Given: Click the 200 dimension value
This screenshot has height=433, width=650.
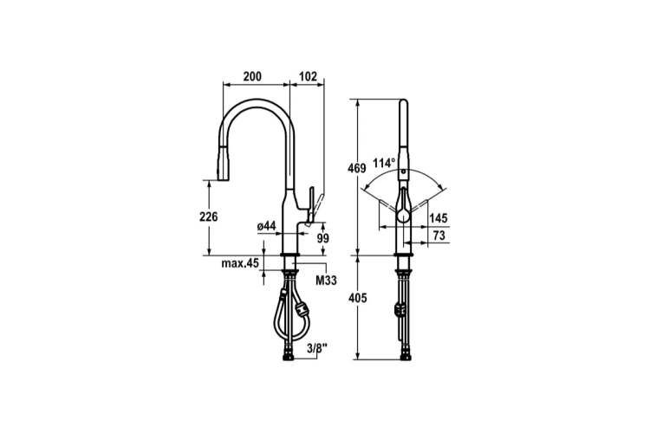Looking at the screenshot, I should click(x=252, y=76).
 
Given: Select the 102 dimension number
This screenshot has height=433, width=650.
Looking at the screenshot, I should click(x=308, y=76).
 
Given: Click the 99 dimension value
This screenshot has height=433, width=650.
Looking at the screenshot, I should click(x=322, y=237).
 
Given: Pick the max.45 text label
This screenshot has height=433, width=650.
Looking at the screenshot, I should click(x=241, y=262).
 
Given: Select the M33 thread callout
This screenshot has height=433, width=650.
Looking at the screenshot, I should click(x=326, y=280).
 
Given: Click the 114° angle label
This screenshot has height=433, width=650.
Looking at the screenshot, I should click(x=383, y=163).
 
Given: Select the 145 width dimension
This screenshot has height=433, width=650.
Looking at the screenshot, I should click(x=439, y=219).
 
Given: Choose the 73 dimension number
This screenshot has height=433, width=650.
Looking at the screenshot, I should click(x=439, y=236).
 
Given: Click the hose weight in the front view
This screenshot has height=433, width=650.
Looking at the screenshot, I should click(x=400, y=307).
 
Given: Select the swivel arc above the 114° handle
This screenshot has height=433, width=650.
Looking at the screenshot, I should click(x=403, y=171).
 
